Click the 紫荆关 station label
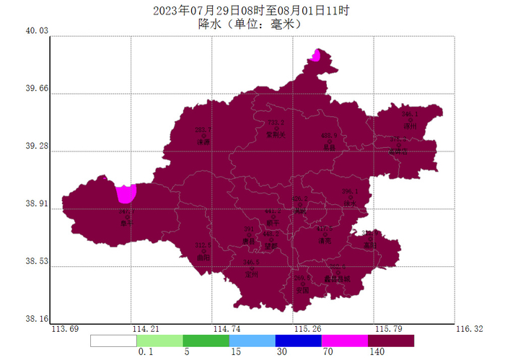click(x=276, y=134)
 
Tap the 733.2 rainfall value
click(x=276, y=123)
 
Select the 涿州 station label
click(x=410, y=126)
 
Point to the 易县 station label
click(x=330, y=147)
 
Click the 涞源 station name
click(x=203, y=142)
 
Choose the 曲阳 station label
click(x=203, y=257)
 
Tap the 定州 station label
click(x=252, y=274)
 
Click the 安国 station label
click(x=302, y=290)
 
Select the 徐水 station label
click(x=350, y=203)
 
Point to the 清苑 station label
click(x=325, y=241)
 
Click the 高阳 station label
click(x=370, y=245)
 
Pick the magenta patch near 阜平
click(x=126, y=193)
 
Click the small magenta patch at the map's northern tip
click(x=316, y=55)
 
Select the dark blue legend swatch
click(x=298, y=341)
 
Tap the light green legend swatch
click(x=159, y=341)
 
